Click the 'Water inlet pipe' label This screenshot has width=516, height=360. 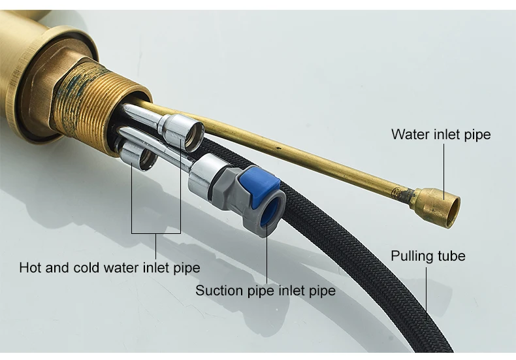pos(440,135)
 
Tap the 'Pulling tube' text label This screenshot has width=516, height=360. pos(428,255)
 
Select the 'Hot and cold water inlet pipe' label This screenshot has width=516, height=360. pos(109,268)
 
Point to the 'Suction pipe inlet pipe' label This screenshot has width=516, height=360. pos(265,290)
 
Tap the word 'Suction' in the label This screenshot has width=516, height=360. pos(218,290)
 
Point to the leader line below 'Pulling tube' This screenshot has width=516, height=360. pos(427,294)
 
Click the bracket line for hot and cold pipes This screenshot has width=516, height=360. pos(156,233)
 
